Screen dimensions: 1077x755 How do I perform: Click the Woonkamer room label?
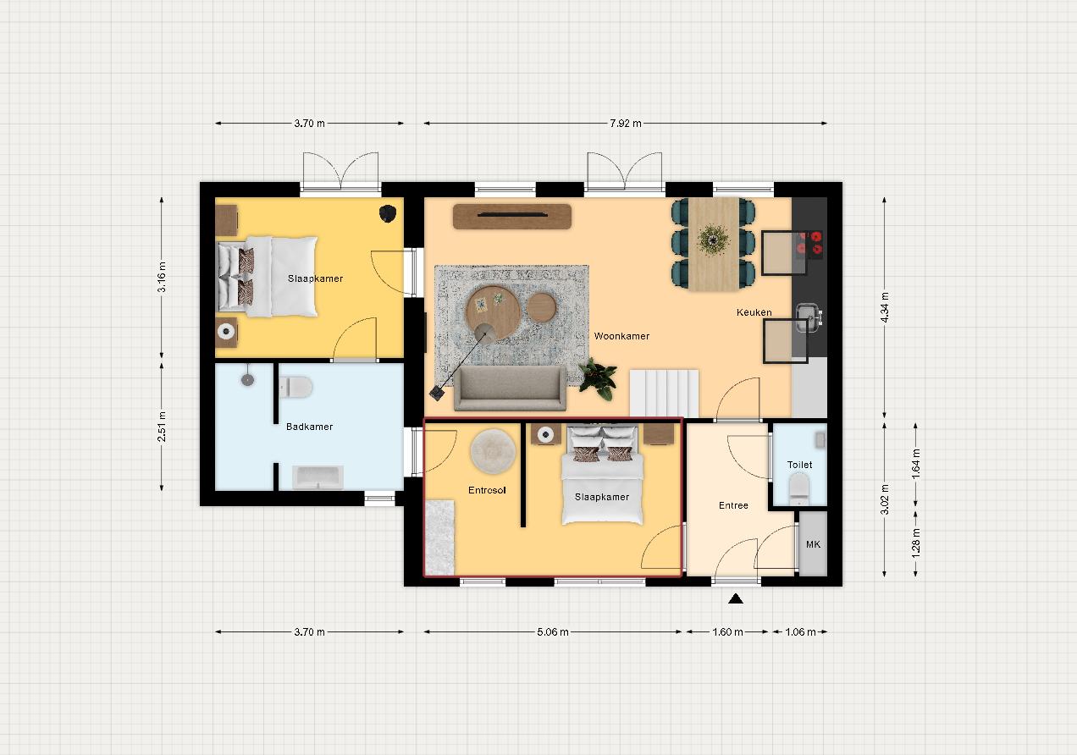pos(621,336)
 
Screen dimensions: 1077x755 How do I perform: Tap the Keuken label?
pos(754,312)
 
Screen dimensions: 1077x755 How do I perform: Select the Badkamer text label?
pos(309,427)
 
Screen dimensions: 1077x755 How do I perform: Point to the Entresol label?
pos(487,490)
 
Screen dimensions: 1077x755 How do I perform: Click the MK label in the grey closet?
pos(813,544)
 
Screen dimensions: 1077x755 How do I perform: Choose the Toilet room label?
pos(799,465)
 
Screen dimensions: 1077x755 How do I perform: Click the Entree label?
pos(733,505)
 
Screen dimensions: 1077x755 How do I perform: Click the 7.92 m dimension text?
pos(626,124)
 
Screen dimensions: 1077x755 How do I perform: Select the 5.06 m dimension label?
pos(553,632)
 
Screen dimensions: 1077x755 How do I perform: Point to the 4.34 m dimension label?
pos(885,307)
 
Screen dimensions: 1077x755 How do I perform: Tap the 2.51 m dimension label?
pos(162,427)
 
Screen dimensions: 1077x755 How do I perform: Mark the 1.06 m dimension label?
pos(800,632)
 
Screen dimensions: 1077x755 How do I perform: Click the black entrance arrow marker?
pos(736,598)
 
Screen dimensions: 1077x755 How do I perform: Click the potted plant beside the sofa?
pos(598,378)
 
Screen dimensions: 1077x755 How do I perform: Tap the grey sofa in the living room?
pos(510,389)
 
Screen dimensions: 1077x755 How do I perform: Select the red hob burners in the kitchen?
pos(809,243)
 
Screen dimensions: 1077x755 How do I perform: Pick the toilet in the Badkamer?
pos(295,387)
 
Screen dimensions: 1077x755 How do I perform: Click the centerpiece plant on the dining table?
pos(714,239)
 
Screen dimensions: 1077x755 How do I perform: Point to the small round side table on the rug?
pos(541,307)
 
